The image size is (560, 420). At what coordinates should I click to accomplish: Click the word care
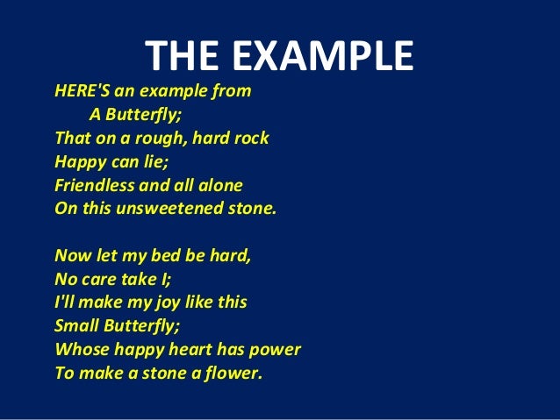100,279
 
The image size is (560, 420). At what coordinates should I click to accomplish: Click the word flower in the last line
237,373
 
